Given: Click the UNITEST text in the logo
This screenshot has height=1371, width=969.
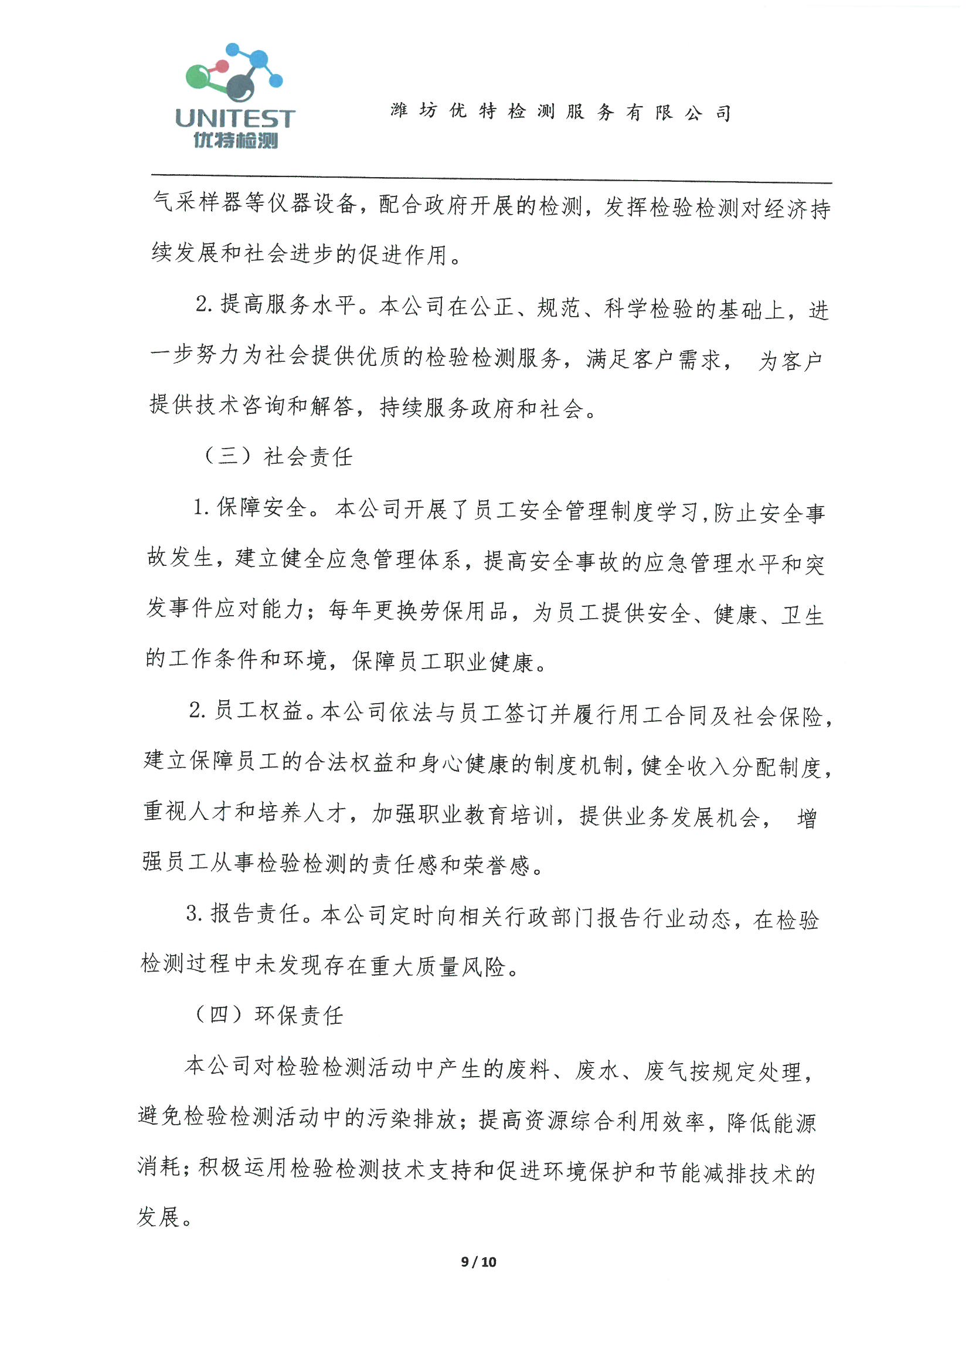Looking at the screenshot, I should (x=234, y=118).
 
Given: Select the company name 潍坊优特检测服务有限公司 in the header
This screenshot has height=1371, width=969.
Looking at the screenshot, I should (x=560, y=111).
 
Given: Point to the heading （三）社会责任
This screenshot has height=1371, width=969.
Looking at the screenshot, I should (x=278, y=457).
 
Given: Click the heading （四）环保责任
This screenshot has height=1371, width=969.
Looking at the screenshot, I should (x=269, y=1014).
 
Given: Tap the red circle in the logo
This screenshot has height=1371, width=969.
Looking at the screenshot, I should (x=222, y=66).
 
